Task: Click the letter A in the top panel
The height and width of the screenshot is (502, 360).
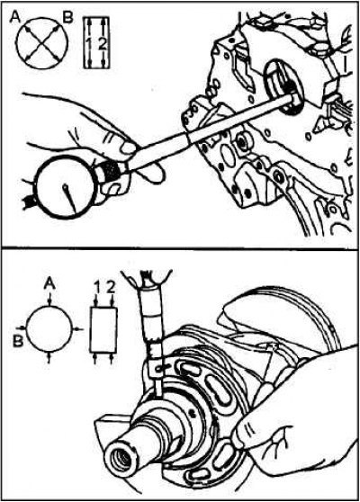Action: click(x=14, y=17)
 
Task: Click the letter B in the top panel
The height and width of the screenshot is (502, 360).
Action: click(x=67, y=18)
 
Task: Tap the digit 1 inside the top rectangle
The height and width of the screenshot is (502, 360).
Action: click(x=89, y=44)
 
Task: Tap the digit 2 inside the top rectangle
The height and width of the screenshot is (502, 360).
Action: click(x=103, y=44)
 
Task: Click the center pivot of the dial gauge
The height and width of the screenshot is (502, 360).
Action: click(x=65, y=186)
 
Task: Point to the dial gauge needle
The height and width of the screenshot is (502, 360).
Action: click(x=70, y=199)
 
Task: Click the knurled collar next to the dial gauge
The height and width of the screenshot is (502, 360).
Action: click(x=110, y=169)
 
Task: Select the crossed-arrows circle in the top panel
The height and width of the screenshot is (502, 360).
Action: click(x=42, y=42)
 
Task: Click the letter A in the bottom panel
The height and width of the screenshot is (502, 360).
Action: click(x=49, y=283)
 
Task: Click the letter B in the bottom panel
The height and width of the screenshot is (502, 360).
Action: click(x=18, y=342)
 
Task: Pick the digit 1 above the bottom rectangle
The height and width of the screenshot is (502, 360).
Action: click(x=96, y=289)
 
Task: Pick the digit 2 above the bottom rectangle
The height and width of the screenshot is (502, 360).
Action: click(x=110, y=288)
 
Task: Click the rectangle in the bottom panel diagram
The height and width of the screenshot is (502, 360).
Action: click(x=103, y=330)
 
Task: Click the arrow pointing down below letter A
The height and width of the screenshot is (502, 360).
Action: click(x=49, y=299)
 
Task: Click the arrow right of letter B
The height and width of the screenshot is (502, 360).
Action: click(x=21, y=327)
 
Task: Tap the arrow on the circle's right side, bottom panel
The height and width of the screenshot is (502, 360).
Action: click(x=77, y=328)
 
